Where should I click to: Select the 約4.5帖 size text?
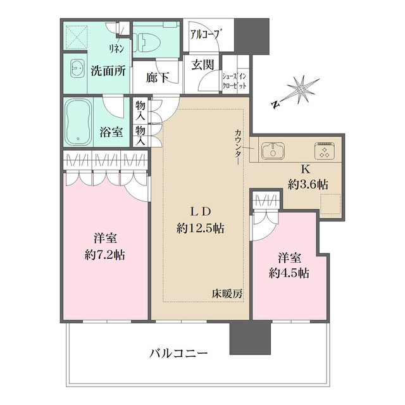[x=289, y=274]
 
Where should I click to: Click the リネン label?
[x=116, y=49]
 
